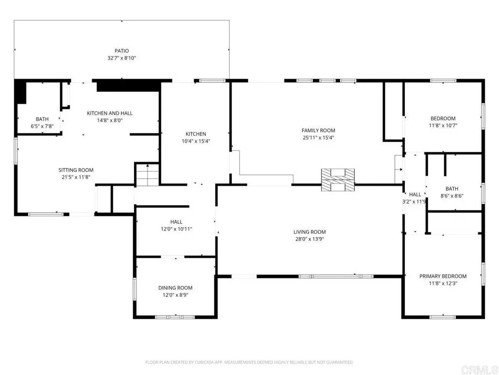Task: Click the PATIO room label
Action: [x=121, y=51]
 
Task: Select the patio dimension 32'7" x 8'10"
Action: [x=121, y=58]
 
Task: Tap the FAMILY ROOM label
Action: [x=318, y=130]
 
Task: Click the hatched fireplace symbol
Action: [x=338, y=180]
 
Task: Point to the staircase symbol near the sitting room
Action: [x=147, y=175]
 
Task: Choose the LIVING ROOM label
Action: [x=309, y=232]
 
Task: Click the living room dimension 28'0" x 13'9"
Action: [x=309, y=239]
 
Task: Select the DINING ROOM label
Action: [x=175, y=288]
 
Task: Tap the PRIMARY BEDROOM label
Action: [x=443, y=276]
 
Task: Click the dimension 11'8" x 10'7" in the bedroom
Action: [x=443, y=125]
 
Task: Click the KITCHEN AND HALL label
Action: [x=110, y=113]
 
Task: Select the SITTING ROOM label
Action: [x=76, y=170]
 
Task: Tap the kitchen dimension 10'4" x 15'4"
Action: [x=196, y=141]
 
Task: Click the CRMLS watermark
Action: [x=479, y=370]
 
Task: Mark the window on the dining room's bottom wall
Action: [x=175, y=317]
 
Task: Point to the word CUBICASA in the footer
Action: [x=204, y=362]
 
